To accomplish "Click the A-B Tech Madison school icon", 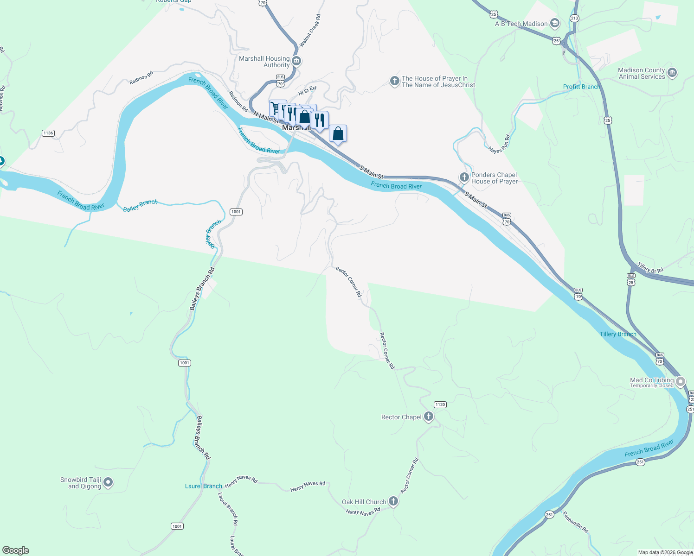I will point(554,24).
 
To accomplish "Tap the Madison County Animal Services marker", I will point(672,73).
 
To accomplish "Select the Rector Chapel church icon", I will point(429,417).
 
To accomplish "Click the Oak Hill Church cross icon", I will point(393,501).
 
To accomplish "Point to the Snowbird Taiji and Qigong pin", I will point(108,483).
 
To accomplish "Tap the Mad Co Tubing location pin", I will point(681,382).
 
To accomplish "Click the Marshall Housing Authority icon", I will point(296,61).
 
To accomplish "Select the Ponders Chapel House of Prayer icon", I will point(464,177).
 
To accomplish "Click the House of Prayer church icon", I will point(394,82).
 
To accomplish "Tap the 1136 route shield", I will point(48,133).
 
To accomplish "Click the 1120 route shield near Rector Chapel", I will point(440,404).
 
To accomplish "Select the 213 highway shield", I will point(575,19).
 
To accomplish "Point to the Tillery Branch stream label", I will point(618,334).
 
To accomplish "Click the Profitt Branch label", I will point(581,87).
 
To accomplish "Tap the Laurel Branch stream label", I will point(203,486).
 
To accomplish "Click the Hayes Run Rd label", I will point(499,145).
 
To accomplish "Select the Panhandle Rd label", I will point(575,522).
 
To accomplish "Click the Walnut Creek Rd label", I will point(310,31).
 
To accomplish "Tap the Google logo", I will point(16,550).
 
